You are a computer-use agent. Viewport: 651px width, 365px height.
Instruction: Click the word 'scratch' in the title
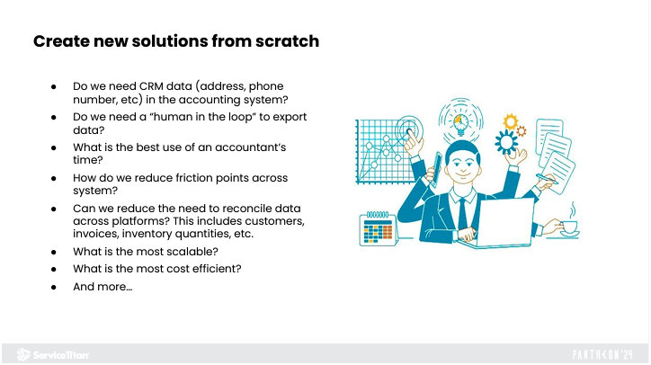tap(287, 41)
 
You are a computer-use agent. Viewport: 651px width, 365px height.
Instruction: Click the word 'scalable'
tap(210, 253)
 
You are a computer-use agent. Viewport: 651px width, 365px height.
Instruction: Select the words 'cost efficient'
tap(210, 269)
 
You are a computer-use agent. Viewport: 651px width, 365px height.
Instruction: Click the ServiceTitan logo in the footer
tap(52, 354)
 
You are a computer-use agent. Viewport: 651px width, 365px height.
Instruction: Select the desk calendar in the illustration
tap(378, 229)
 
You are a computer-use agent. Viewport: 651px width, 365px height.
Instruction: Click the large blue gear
tap(505, 142)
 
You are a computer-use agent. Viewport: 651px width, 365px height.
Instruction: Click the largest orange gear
tap(511, 121)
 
